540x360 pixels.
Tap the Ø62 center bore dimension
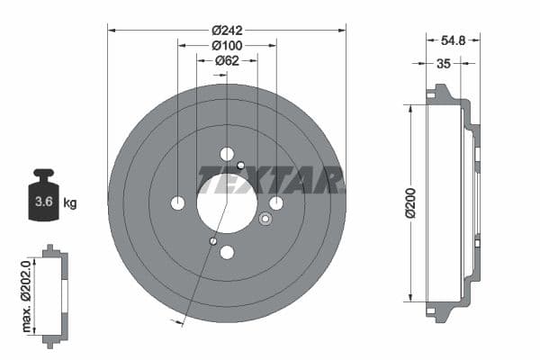(227, 60)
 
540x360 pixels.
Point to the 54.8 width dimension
(454, 41)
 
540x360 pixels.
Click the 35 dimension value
(443, 63)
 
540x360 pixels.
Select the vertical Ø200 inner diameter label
(410, 203)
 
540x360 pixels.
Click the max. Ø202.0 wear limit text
(27, 293)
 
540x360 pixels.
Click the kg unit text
(70, 202)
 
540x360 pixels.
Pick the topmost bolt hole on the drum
(227, 154)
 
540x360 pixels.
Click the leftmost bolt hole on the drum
(177, 202)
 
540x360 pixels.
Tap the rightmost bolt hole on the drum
(276, 202)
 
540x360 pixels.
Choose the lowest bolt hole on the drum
(227, 252)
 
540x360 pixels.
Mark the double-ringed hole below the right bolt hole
(265, 219)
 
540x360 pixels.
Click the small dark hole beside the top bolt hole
(241, 165)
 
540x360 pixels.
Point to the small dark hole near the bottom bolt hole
(212, 240)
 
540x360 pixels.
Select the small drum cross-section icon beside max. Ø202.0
(55, 293)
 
